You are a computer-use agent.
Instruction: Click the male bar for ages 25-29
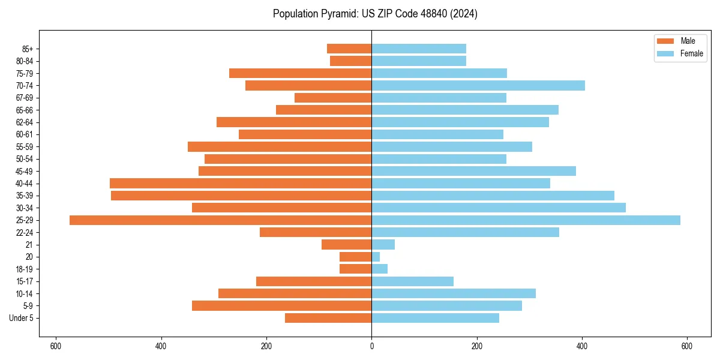coord(220,220)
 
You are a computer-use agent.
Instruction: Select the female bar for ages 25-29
coord(526,220)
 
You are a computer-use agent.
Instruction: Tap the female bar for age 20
coord(376,257)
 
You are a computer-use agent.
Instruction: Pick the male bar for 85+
coord(349,49)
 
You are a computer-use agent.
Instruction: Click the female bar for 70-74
coord(478,85)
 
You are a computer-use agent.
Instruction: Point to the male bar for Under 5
coord(328,318)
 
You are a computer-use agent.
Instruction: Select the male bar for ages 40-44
coord(241,183)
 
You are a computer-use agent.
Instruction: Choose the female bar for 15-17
coord(412,281)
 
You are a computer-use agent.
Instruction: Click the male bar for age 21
coord(347,245)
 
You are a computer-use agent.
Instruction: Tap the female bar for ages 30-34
coord(499,208)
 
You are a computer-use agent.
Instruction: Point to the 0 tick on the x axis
coord(371,346)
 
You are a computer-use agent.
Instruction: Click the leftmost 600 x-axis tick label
coord(56,346)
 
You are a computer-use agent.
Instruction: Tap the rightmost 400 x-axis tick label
coord(582,346)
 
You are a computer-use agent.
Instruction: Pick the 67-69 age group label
coord(25,98)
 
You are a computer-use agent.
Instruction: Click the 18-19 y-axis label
coord(25,269)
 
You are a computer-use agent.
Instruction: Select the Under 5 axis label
coord(21,318)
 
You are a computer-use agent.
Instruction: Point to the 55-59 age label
coord(25,146)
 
